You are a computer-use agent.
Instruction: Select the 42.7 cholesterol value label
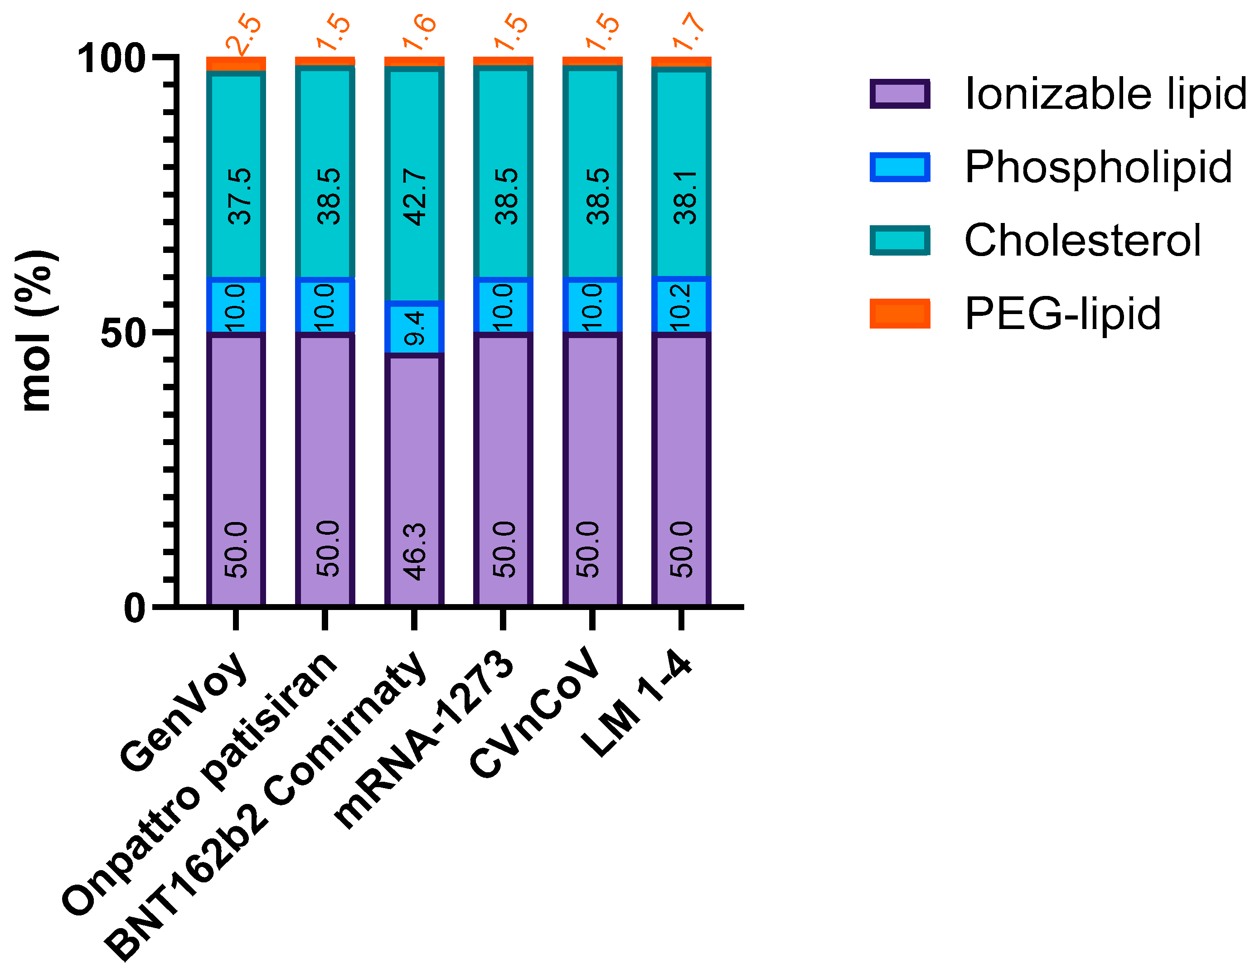pyautogui.click(x=415, y=197)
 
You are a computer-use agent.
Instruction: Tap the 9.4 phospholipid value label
pyautogui.click(x=415, y=328)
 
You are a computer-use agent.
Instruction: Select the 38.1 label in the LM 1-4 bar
pyautogui.click(x=685, y=197)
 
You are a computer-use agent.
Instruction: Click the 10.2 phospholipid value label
pyautogui.click(x=681, y=307)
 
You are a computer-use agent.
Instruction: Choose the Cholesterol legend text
pyautogui.click(x=1082, y=241)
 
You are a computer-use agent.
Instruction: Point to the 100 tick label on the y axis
pyautogui.click(x=111, y=59)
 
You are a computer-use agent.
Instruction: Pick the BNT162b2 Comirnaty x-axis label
pyautogui.click(x=266, y=808)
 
